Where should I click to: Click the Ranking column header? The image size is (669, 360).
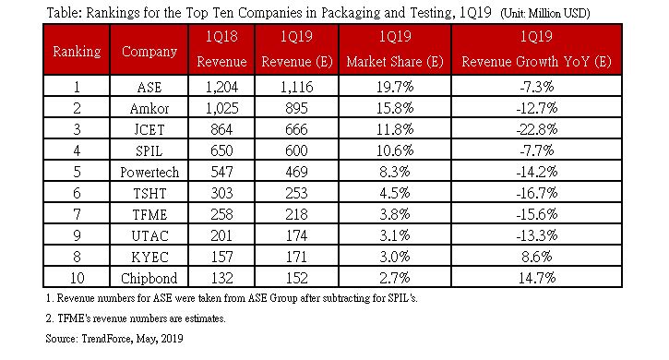coord(75,52)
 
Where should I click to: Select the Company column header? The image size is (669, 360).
coord(149,52)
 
